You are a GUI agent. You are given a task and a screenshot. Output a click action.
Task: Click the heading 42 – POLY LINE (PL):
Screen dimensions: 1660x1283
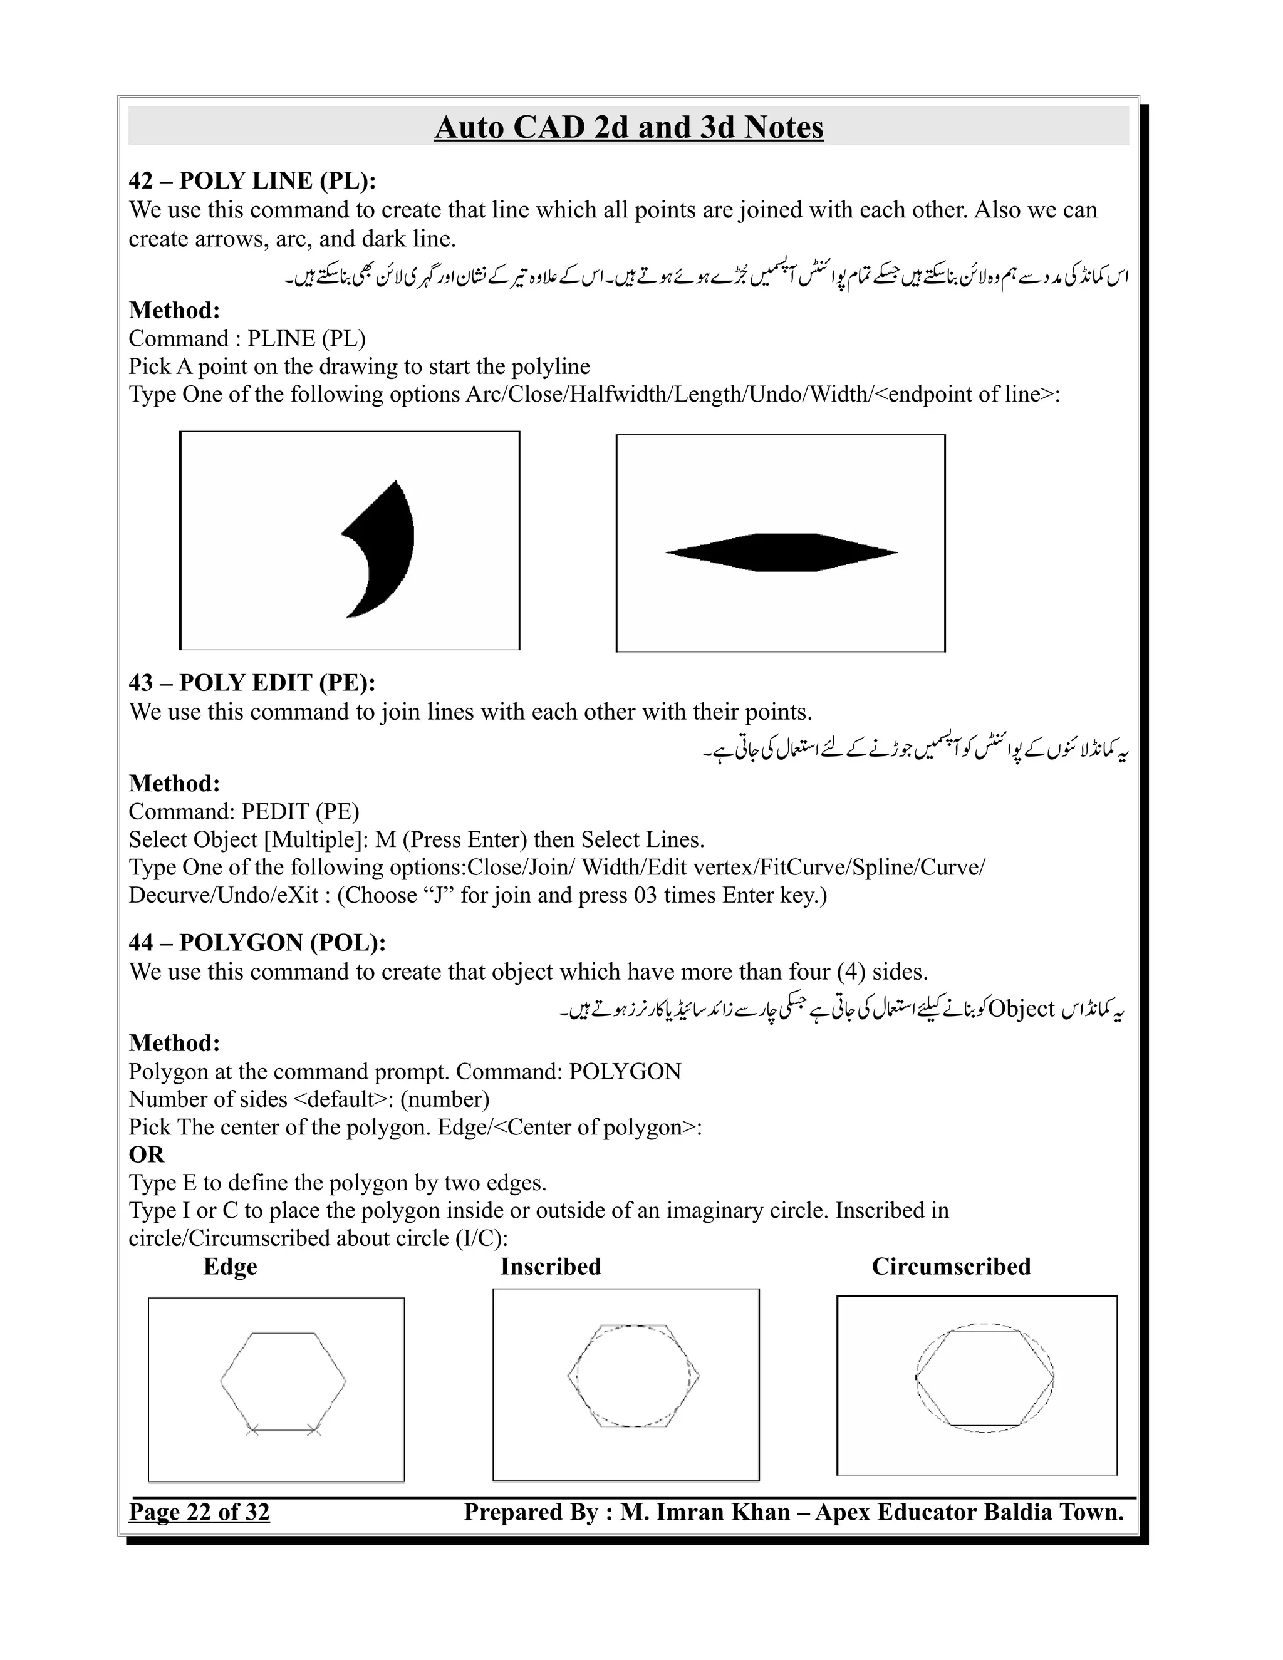tap(252, 181)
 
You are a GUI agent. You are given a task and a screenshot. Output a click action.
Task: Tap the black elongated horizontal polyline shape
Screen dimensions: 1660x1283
tap(781, 552)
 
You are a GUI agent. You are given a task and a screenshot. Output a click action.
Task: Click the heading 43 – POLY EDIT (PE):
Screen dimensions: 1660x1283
tap(252, 683)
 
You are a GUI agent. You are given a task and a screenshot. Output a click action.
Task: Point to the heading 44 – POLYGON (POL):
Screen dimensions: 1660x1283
tap(257, 943)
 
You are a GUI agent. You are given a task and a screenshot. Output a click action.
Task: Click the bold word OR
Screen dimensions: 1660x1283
tap(146, 1154)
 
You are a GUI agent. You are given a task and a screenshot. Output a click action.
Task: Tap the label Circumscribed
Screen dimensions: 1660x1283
tap(951, 1266)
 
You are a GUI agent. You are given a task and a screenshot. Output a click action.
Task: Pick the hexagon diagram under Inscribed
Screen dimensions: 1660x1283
tap(633, 1376)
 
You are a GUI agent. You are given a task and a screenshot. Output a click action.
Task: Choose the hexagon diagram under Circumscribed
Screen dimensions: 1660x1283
tap(984, 1378)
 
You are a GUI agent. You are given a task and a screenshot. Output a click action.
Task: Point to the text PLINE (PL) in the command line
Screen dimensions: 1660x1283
tap(306, 338)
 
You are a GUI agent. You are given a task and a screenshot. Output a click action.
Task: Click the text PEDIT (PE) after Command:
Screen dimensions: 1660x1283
tap(300, 812)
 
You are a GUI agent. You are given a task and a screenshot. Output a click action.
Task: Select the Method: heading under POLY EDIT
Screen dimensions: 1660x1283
tap(174, 783)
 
